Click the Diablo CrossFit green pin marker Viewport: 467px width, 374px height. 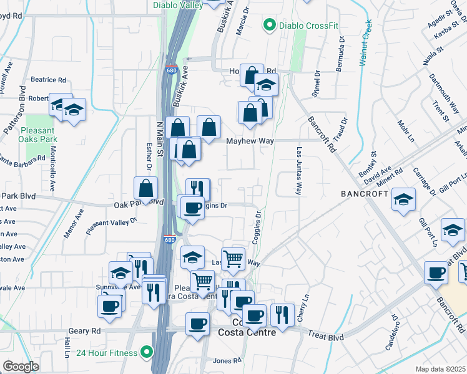point(269,26)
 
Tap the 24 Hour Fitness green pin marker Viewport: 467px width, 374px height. point(147,353)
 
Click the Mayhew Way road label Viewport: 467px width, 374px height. point(250,141)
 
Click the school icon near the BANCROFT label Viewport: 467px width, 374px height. point(403,200)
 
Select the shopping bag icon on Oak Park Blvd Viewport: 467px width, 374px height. point(145,189)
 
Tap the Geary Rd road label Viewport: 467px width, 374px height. point(86,331)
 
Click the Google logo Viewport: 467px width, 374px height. point(21,367)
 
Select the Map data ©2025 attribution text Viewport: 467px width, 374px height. point(441,369)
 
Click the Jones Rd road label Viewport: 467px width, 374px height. point(227,361)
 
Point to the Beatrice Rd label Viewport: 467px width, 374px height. point(48,80)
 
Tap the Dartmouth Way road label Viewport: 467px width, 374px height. point(444,92)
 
